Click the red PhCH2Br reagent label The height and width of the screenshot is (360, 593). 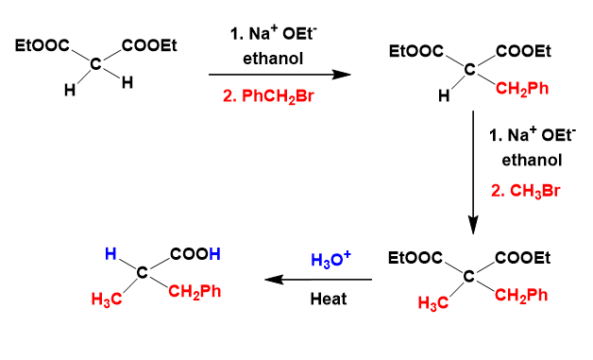[268, 96]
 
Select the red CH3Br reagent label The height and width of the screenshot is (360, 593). [525, 191]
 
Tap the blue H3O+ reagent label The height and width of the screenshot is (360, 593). [330, 260]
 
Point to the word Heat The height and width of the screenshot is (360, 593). [329, 299]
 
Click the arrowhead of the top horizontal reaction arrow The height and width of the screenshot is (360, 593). [341, 75]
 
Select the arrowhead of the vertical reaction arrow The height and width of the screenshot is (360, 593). [473, 225]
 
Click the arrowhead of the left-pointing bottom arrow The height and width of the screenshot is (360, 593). [274, 280]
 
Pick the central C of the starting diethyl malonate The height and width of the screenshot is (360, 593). [96, 64]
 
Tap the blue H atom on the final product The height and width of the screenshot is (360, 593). [110, 253]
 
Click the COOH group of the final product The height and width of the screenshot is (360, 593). [195, 254]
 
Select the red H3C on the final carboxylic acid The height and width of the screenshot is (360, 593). [107, 300]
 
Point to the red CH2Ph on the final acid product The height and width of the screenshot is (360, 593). [195, 292]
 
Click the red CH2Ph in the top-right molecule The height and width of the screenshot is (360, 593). [522, 89]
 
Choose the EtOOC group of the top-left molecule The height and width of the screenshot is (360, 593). [42, 45]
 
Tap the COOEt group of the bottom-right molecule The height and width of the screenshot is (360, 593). [523, 258]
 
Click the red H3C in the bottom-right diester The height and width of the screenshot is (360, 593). [433, 303]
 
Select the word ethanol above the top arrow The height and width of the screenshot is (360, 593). [273, 59]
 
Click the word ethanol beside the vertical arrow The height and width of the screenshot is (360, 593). [532, 160]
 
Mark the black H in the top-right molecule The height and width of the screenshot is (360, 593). [444, 95]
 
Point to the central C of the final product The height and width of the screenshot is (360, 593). [143, 272]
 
